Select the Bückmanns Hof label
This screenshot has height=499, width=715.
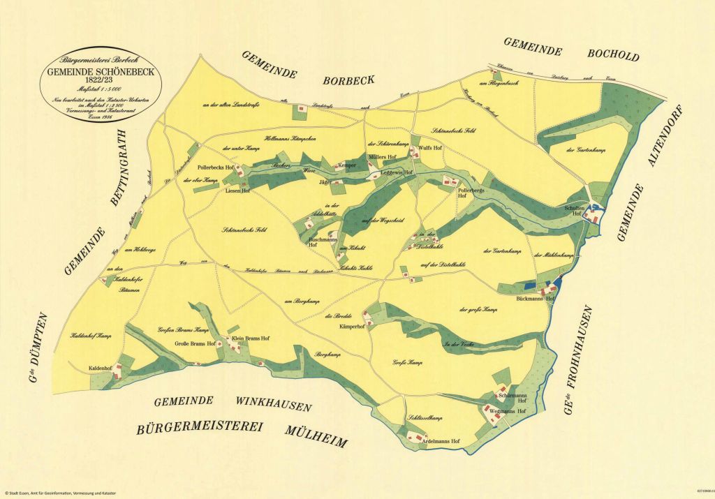[x=535, y=298]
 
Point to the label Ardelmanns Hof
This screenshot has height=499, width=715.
[x=441, y=442]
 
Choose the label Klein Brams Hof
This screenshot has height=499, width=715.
[x=250, y=338]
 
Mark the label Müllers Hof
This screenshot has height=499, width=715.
[x=382, y=156]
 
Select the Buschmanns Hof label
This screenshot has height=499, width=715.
[x=323, y=242]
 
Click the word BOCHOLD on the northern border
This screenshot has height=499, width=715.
[x=613, y=54]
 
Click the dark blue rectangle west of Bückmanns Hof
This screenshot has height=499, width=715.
[x=530, y=285]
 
